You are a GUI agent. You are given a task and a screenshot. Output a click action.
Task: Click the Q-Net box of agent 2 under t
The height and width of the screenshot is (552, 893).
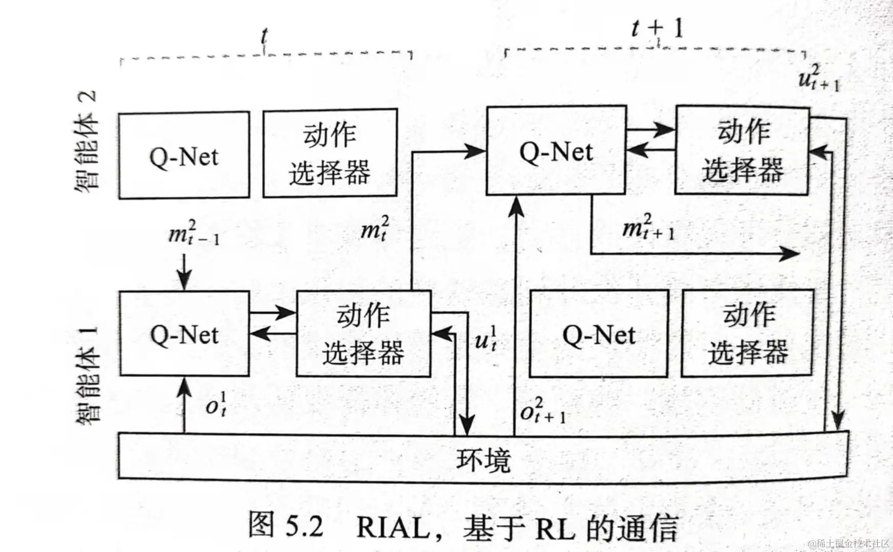coord(184,156)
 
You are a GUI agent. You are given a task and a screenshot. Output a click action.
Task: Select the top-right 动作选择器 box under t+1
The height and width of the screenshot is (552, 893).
coord(742,150)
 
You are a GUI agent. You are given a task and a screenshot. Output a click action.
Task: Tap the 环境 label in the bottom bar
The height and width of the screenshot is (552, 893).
coord(483,459)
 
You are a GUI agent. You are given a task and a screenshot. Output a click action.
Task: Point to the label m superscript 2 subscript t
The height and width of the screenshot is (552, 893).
coord(375,229)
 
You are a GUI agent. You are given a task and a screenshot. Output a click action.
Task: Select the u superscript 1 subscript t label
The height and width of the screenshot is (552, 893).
coord(486,338)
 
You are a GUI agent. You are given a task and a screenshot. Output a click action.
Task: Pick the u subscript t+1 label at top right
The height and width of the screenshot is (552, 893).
coord(819,78)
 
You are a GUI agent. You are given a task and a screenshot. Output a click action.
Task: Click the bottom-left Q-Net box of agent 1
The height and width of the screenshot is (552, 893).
coord(184,335)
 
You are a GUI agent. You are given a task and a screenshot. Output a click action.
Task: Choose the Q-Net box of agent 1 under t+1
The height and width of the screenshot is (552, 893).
coord(599,335)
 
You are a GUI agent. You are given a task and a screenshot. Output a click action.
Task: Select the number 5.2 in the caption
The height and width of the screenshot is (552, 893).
coord(304,527)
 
